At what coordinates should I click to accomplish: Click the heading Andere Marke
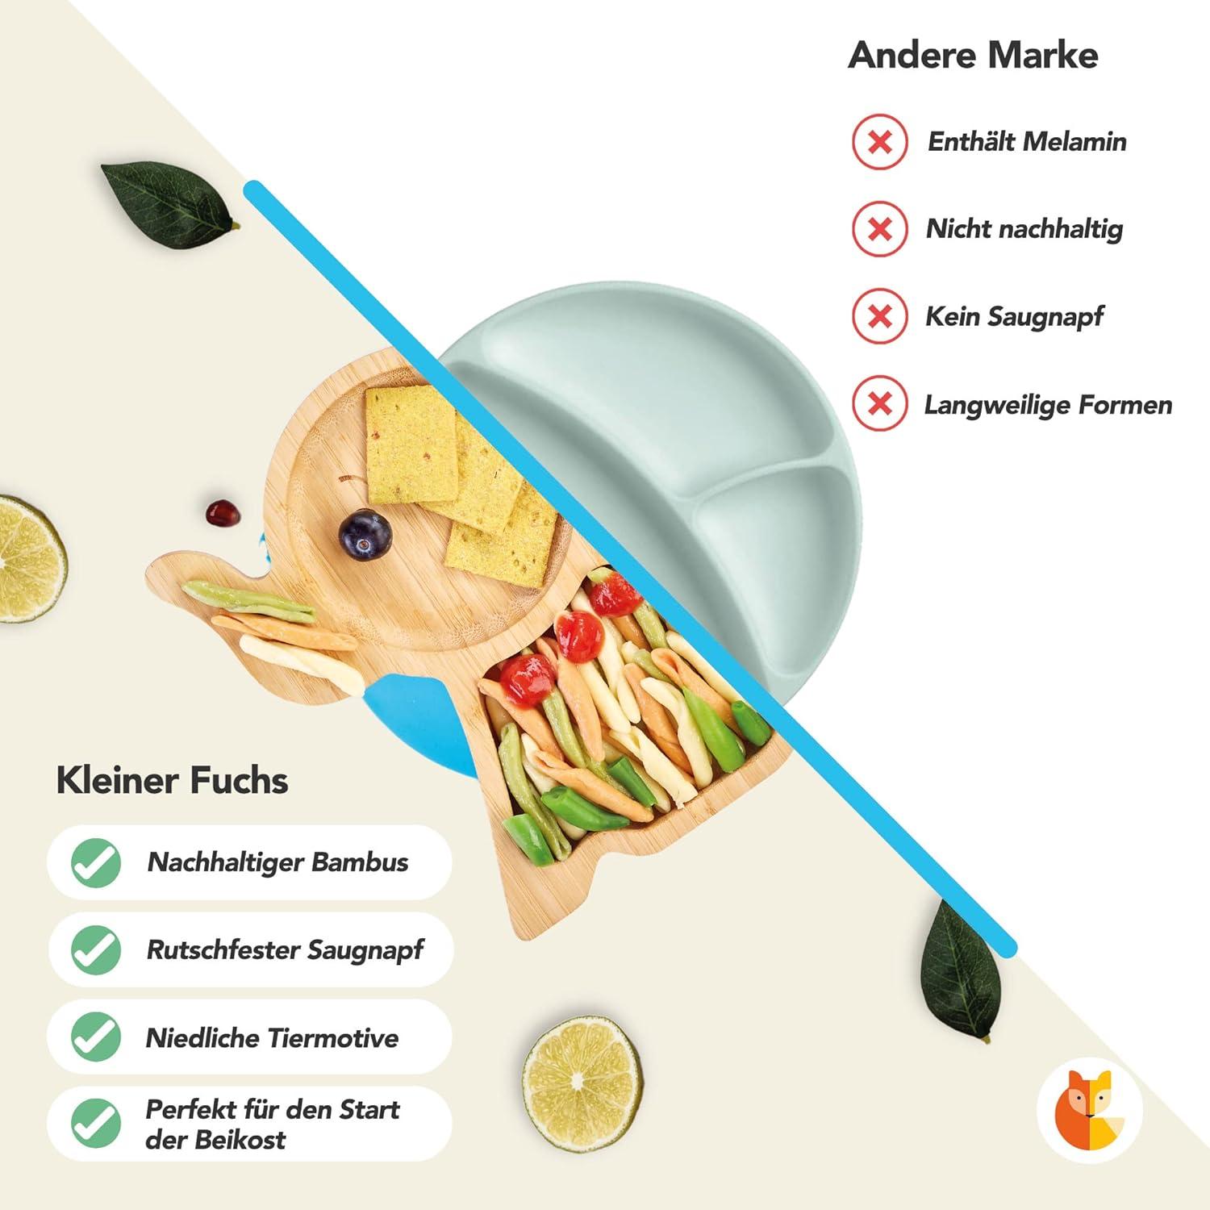click(973, 55)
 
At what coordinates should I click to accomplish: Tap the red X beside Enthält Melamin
click(880, 142)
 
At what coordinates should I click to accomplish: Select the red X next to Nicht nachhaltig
click(880, 229)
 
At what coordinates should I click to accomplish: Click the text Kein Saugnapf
click(1014, 316)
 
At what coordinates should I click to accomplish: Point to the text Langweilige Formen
click(1047, 404)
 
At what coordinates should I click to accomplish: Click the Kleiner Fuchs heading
click(172, 780)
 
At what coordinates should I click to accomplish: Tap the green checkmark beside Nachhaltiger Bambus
click(96, 862)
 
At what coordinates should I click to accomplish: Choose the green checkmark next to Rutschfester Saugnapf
click(96, 949)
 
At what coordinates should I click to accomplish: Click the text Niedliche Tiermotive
click(272, 1037)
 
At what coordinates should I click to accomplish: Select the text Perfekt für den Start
click(272, 1110)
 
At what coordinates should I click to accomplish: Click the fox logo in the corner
click(1089, 1108)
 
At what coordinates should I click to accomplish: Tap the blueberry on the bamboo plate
click(365, 534)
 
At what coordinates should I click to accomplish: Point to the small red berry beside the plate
click(222, 513)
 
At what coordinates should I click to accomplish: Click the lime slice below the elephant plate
click(582, 1083)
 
